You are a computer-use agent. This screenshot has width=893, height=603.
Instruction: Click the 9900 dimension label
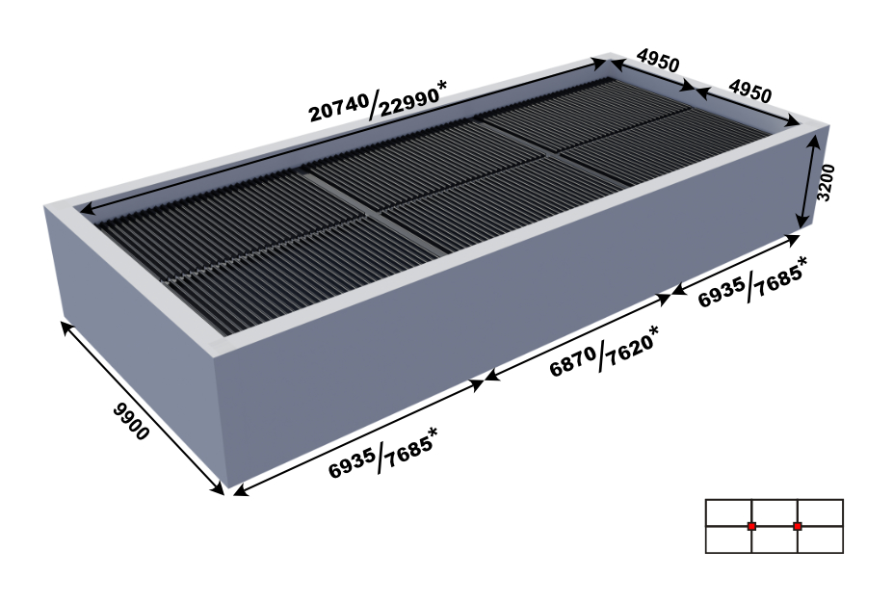[130, 421]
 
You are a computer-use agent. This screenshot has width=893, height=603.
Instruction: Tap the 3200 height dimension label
[826, 182]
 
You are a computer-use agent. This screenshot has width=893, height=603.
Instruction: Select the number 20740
[339, 108]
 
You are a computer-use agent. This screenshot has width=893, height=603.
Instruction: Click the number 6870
[573, 361]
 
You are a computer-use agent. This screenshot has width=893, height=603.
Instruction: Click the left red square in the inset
[751, 526]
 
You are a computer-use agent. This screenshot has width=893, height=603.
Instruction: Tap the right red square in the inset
[798, 526]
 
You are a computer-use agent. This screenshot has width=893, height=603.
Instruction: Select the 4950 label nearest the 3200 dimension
[750, 92]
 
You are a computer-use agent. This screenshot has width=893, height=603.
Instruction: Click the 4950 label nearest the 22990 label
[658, 61]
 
